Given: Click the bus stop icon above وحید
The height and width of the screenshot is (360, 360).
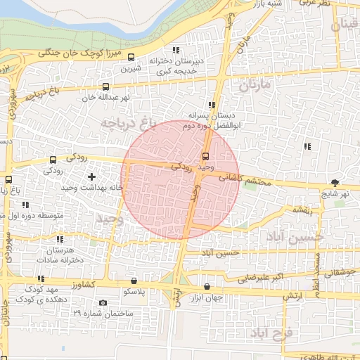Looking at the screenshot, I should point(205,156).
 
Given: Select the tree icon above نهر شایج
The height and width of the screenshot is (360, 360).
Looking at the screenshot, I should point(335,183).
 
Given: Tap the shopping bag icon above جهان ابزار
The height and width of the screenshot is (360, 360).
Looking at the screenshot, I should point(207,286).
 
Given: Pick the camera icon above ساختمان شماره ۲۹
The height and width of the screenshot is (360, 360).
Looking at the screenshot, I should point(103,303).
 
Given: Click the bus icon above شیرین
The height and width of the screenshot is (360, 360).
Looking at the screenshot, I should point(130,60).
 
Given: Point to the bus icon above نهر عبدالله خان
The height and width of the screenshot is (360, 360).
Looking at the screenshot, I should point(91,89).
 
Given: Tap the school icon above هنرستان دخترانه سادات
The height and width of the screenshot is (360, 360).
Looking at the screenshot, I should point(60,240).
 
